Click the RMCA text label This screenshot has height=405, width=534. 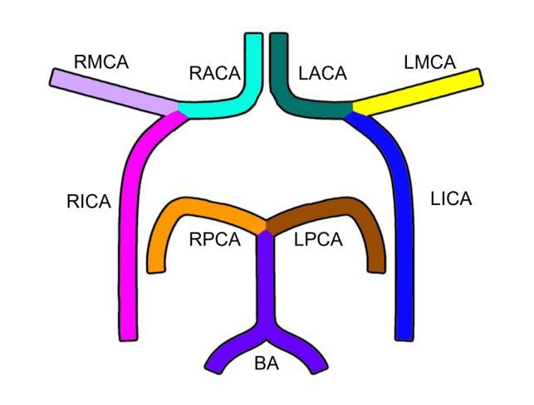101,61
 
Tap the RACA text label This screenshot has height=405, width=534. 215,74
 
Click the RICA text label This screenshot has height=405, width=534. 88,201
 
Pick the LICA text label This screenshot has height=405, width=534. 451,199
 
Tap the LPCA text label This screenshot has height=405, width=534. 318,240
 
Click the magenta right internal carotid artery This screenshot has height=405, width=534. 129,224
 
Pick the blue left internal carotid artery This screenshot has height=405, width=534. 404,224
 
